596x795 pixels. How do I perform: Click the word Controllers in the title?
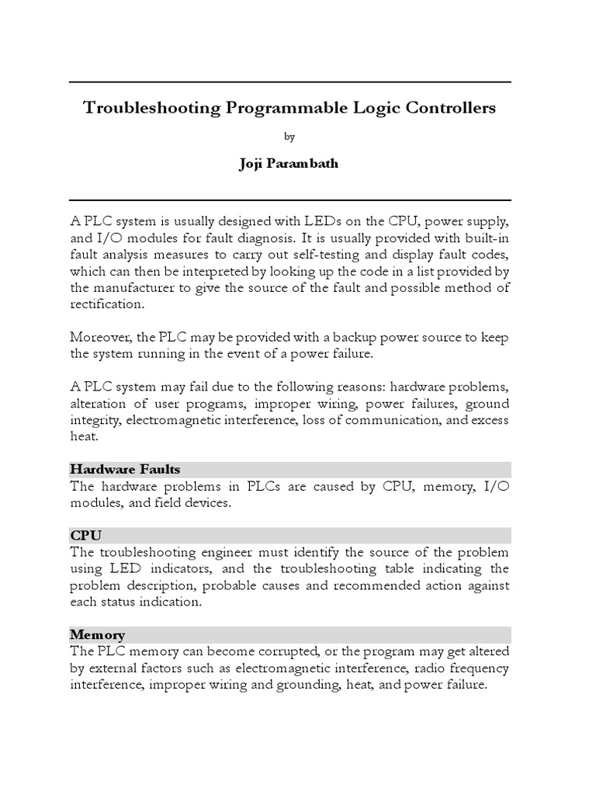tap(448, 108)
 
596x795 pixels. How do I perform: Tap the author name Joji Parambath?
tap(289, 164)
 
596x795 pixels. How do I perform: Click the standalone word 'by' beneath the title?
tap(289, 137)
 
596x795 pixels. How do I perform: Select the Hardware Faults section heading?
tap(125, 469)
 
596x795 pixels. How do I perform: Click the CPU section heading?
tap(85, 536)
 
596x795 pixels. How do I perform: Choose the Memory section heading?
tap(97, 634)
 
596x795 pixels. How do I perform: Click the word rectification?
tap(107, 304)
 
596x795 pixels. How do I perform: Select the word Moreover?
tap(99, 337)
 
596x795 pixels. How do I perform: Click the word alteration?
tap(100, 404)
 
